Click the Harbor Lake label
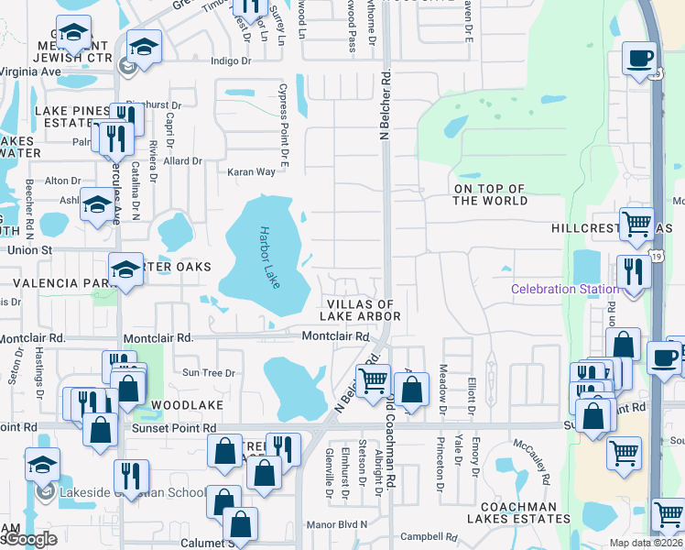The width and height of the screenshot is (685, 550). point(267,258)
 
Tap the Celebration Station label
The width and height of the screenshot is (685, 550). point(564,290)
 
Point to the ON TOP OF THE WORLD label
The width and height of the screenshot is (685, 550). point(490,194)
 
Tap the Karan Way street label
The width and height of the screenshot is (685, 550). point(252,172)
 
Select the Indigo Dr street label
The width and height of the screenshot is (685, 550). point(230,61)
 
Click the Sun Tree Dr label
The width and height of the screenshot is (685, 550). point(209,373)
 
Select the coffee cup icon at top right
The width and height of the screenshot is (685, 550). point(639,58)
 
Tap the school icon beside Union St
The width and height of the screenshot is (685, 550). point(125,269)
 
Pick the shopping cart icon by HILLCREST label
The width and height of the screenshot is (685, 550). point(636,223)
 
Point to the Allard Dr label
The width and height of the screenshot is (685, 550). point(183,161)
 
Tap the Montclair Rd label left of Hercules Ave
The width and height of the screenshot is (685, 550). point(32,338)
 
